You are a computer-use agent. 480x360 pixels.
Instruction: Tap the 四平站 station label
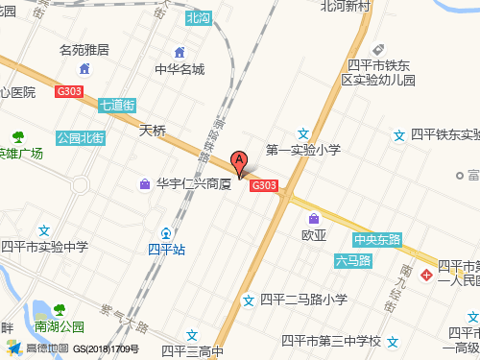(x=166, y=248)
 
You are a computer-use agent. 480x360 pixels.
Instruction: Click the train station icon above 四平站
(x=166, y=232)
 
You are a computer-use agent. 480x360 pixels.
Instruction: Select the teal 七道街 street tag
(x=117, y=106)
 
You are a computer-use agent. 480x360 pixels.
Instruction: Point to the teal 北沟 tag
(x=198, y=18)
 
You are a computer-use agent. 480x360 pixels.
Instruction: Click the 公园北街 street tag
(x=80, y=137)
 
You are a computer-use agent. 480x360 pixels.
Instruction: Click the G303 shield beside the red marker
(x=264, y=186)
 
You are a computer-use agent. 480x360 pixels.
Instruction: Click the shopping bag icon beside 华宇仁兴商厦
(x=144, y=183)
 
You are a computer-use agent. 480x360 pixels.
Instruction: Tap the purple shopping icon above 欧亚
(x=315, y=217)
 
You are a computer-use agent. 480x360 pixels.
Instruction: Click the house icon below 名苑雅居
(x=84, y=68)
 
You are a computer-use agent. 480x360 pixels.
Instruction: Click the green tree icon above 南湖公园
(x=60, y=309)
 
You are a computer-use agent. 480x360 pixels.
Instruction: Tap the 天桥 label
(x=153, y=129)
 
